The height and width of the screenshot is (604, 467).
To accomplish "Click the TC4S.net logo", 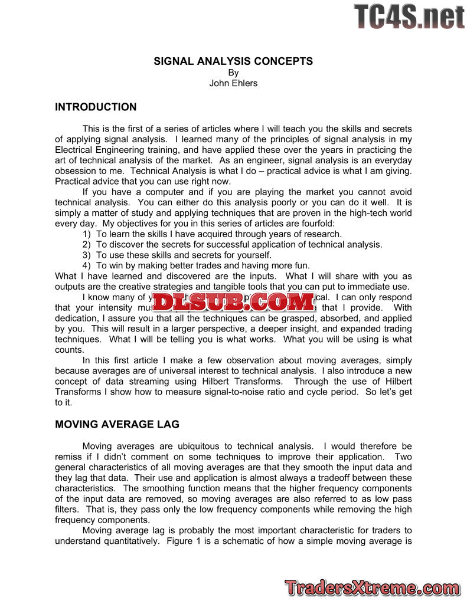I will click(409, 17).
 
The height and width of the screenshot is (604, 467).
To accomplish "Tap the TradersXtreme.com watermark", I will click(371, 587).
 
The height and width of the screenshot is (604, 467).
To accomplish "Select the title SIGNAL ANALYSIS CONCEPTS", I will click(233, 61).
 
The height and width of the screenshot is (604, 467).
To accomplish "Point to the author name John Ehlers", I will click(233, 83).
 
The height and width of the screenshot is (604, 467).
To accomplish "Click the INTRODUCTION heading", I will click(96, 107).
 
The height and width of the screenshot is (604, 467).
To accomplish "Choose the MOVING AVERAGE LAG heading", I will click(117, 425).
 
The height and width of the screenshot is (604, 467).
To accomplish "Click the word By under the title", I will click(233, 73).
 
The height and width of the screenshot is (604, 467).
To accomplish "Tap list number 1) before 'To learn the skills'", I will click(87, 234).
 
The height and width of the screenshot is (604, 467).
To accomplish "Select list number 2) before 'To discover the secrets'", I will click(87, 245).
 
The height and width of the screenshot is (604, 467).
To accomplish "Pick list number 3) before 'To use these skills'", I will click(87, 255).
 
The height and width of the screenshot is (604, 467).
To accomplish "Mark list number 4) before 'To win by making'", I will click(87, 266).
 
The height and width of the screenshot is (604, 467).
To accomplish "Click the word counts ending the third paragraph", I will click(68, 350).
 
